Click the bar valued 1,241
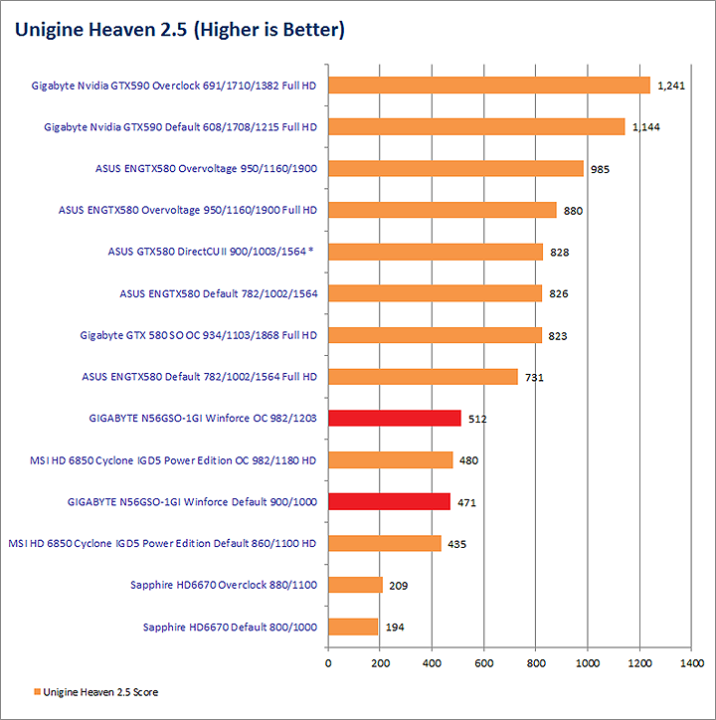point(488,86)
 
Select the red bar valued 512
point(394,418)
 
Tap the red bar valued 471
point(389,501)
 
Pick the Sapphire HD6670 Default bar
point(353,627)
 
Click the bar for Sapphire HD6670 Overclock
point(355,585)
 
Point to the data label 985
point(600,169)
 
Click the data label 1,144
point(646,127)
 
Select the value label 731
point(534,377)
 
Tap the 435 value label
point(456,544)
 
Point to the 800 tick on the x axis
point(536,660)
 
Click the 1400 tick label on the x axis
point(691,660)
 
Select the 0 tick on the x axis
point(328,660)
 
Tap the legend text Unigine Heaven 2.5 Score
point(100,692)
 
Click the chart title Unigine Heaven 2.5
point(179,31)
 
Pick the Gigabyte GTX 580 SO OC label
point(198,335)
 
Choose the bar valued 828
point(435,252)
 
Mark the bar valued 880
point(442,210)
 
